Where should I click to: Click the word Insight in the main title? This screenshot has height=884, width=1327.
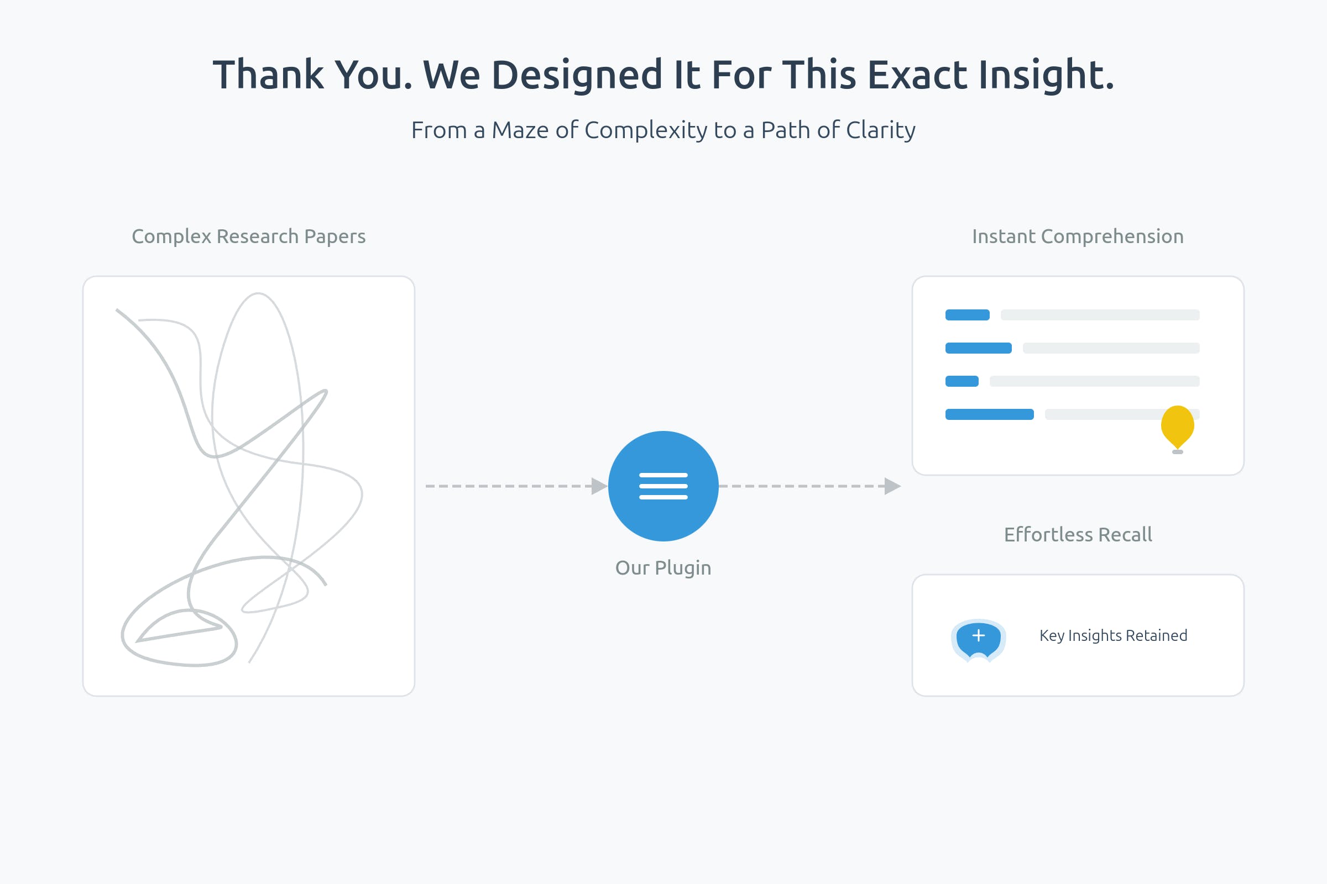click(1046, 76)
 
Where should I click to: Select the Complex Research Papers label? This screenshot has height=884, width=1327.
click(249, 236)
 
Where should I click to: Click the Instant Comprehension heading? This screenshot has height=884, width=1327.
click(1078, 236)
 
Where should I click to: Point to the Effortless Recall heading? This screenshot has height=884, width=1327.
click(1078, 534)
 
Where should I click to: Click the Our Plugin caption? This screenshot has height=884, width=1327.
click(663, 568)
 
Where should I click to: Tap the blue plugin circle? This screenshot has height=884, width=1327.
click(663, 486)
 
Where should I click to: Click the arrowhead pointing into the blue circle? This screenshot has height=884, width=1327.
click(599, 486)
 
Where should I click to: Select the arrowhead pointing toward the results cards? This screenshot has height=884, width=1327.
click(892, 486)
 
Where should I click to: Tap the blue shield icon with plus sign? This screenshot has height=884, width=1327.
click(978, 640)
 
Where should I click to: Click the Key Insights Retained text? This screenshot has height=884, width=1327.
click(1113, 635)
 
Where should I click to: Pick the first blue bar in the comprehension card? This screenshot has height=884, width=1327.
click(968, 314)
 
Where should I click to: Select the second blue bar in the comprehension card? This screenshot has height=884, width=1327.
click(978, 348)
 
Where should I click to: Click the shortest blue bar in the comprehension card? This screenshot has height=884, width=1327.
click(962, 381)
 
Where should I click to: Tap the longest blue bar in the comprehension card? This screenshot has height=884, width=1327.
click(990, 414)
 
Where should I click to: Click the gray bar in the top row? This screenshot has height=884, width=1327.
click(1100, 314)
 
